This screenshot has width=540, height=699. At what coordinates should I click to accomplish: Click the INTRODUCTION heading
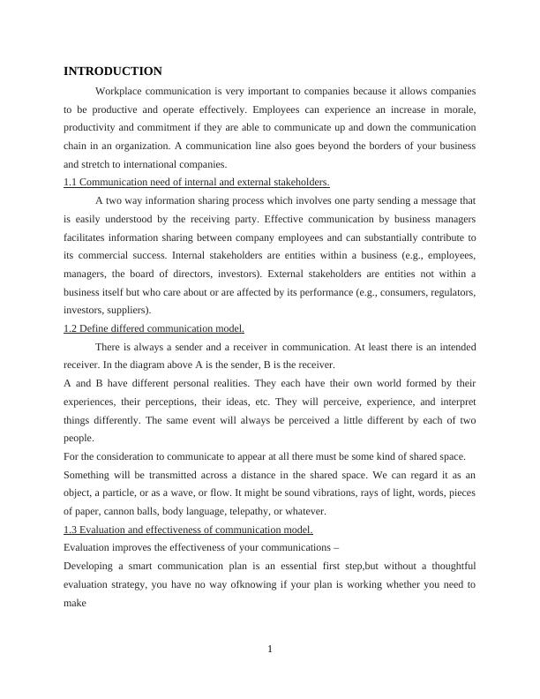(x=113, y=71)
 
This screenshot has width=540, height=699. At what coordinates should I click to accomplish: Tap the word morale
(x=457, y=109)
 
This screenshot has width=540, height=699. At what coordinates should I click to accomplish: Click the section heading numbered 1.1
(x=197, y=183)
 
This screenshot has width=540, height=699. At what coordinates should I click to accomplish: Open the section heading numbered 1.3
(x=188, y=530)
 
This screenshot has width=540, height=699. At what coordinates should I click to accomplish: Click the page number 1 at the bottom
(x=270, y=650)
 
